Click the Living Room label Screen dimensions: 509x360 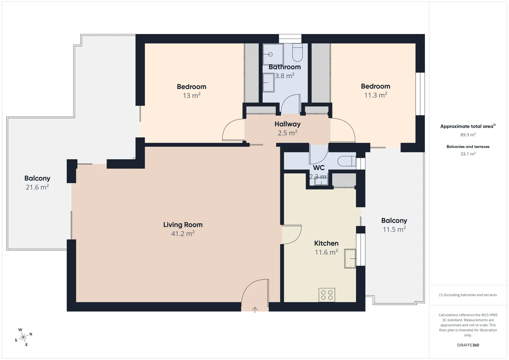pos(183,225)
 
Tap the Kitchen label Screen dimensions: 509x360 pos(326,243)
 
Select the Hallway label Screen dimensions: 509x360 pos(288,124)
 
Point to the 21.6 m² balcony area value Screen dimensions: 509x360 pos(37,187)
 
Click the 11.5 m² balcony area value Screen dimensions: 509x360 pos(394,229)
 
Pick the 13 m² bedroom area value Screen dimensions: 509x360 pos(191,95)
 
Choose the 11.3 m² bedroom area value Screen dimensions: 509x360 pos(376,95)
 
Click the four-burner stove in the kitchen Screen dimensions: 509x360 pos(327,295)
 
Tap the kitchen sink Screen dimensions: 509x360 pos(350,258)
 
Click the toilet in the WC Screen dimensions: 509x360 pos(347,161)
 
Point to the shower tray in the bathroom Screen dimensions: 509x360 pos(273,54)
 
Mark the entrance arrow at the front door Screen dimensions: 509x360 pos(255,310)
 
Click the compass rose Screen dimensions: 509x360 pos(23,337)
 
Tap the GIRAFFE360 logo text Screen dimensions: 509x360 pos(468,345)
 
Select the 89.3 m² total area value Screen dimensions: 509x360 pos(468,135)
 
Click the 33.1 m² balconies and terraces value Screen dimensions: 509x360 pos(468,154)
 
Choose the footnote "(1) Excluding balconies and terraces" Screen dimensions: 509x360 pos(468,295)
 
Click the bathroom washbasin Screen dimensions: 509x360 pos(269,82)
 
